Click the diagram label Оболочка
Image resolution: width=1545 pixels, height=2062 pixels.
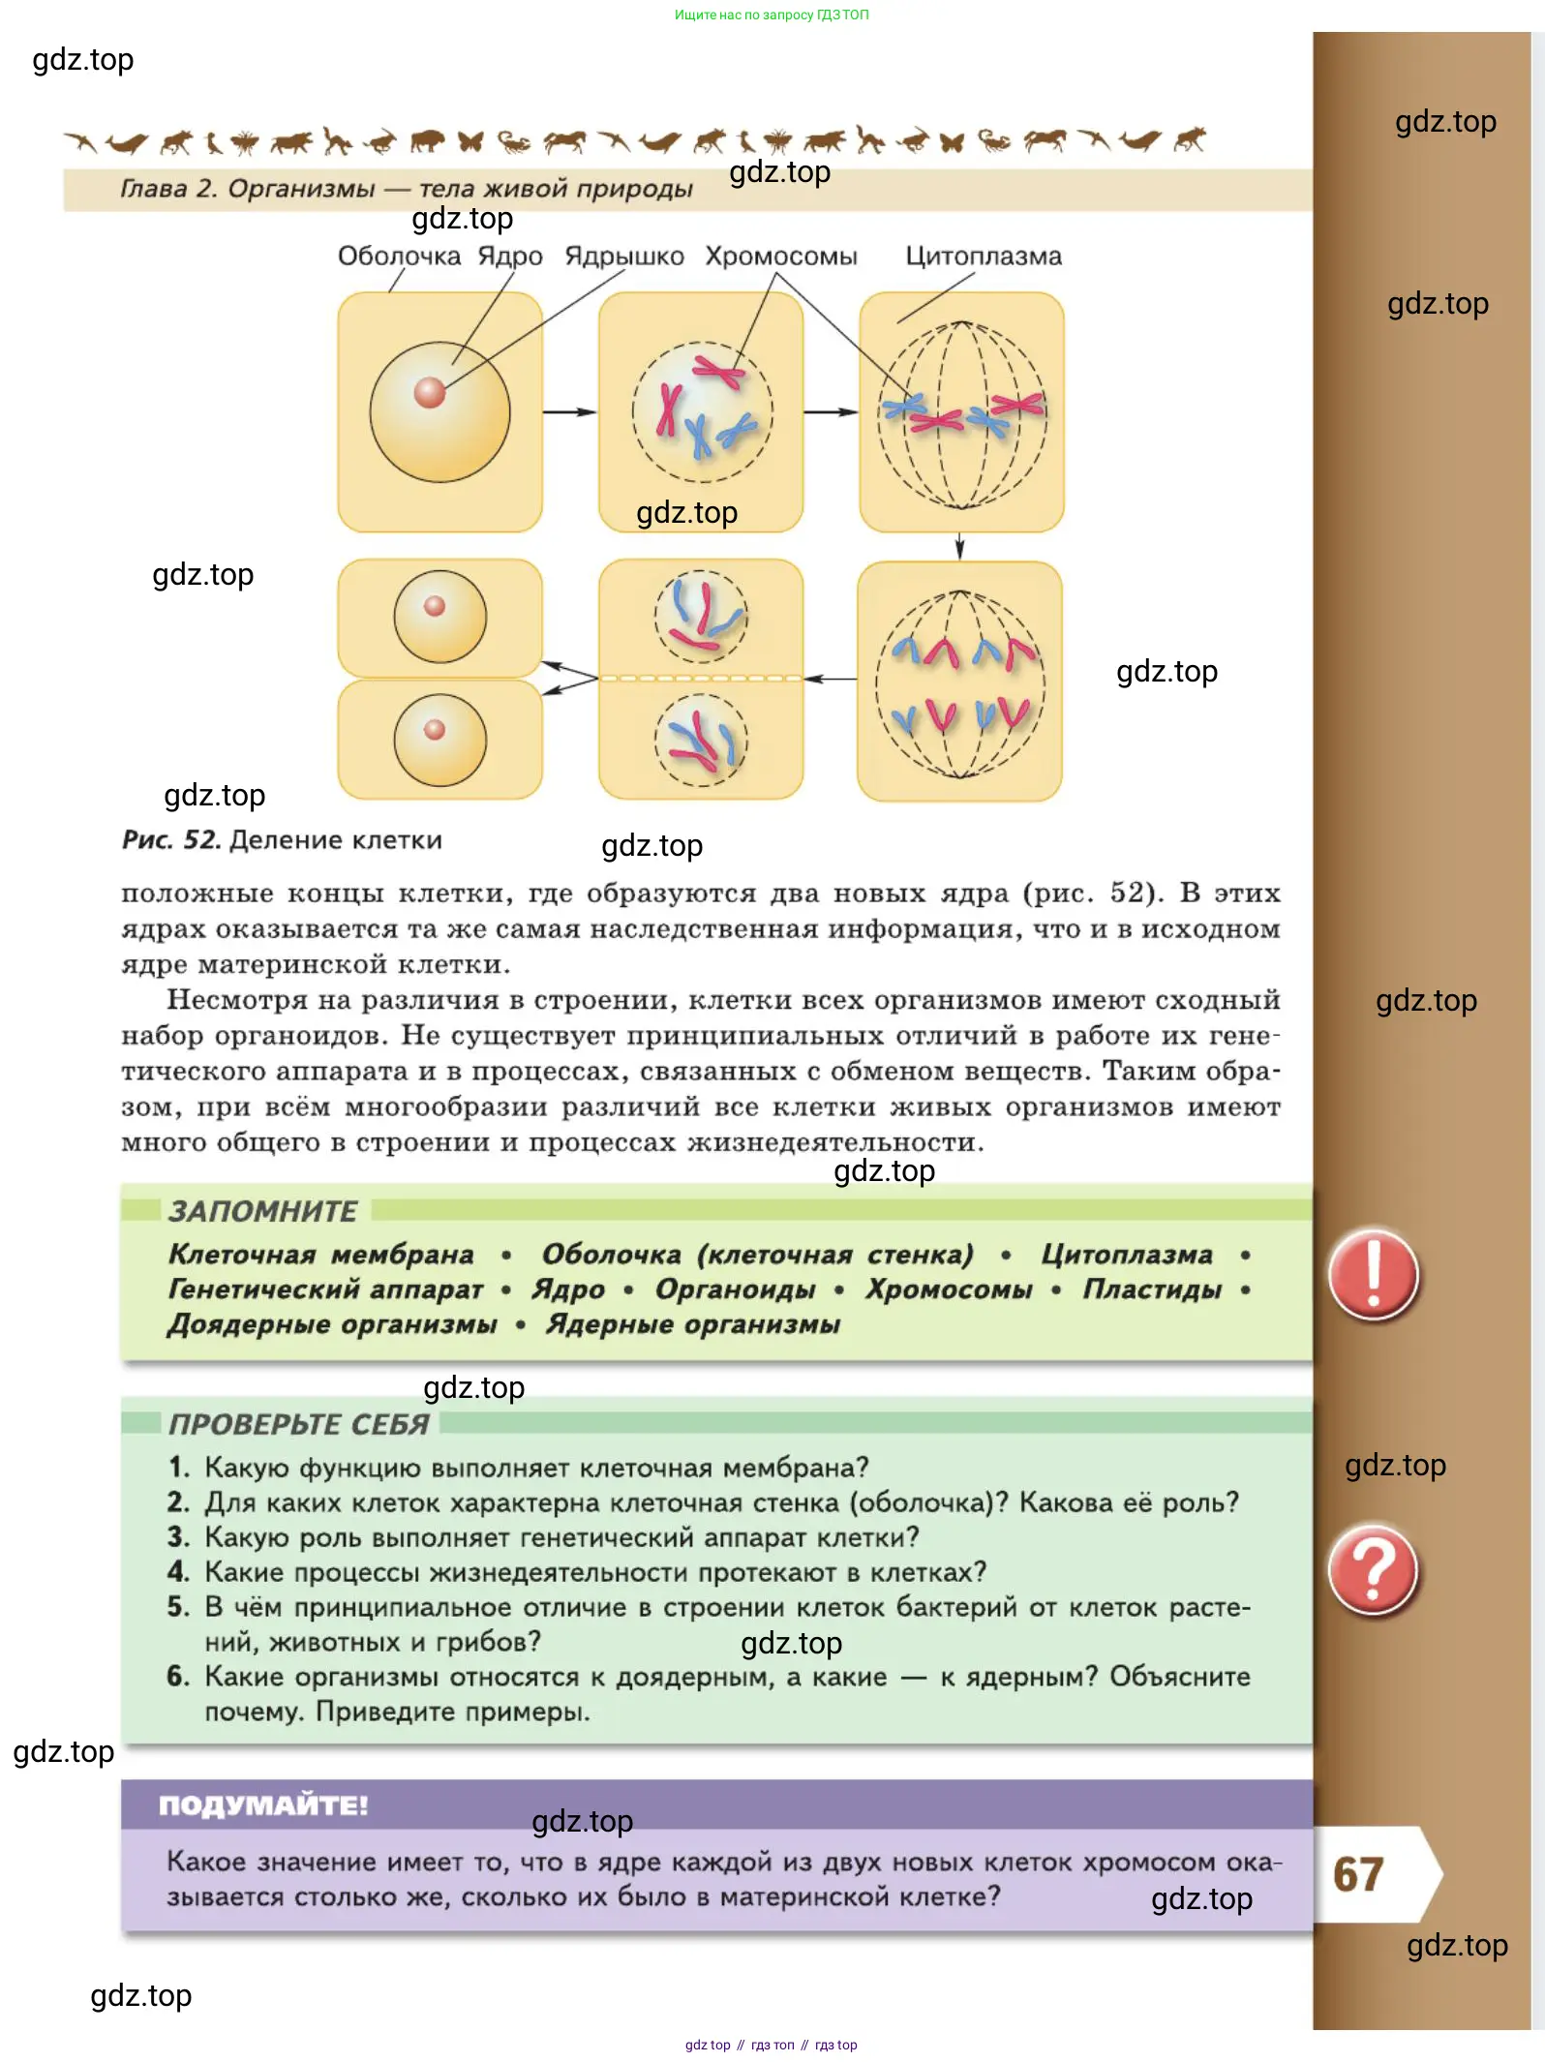pos(399,257)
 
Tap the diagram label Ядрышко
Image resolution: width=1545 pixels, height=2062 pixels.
pos(623,257)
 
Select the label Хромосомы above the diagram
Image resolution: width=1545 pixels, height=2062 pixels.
pos(780,257)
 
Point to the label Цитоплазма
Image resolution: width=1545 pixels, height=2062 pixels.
pos(983,257)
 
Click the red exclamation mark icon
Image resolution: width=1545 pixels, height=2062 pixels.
pos(1373,1275)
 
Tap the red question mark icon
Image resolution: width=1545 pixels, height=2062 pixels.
pos(1373,1569)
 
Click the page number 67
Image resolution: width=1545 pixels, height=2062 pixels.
pos(1357,1874)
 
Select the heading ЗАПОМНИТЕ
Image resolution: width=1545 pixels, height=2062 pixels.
pos(262,1211)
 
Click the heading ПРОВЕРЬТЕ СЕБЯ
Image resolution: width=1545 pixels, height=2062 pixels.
pos(298,1424)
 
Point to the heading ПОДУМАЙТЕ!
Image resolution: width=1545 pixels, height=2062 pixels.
pos(262,1805)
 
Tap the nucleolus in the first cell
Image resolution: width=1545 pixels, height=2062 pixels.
pos(429,392)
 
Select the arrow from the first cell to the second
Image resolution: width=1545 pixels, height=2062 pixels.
pos(569,412)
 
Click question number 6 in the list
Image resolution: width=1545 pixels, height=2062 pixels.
pos(177,1677)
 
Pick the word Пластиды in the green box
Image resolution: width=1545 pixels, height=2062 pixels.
pos(1152,1289)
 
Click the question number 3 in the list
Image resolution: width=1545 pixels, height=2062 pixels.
pos(177,1537)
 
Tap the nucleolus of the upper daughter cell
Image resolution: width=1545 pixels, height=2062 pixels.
pos(435,606)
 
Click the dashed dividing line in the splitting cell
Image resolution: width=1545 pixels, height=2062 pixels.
pos(701,679)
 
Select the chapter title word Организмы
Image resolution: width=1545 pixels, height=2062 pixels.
pos(301,189)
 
